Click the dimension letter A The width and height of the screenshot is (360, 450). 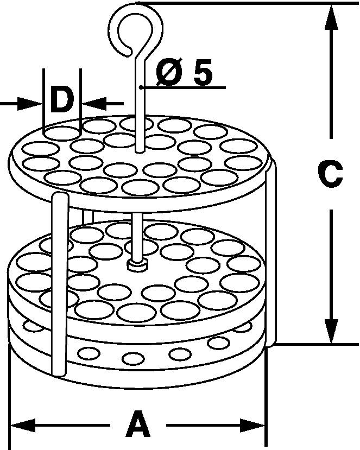click(138, 423)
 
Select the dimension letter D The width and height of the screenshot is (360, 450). click(62, 100)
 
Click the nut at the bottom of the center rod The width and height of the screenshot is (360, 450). click(138, 265)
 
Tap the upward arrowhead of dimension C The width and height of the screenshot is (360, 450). click(332, 17)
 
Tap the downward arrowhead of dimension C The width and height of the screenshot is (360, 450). click(332, 331)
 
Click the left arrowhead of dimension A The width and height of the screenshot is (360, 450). click(23, 426)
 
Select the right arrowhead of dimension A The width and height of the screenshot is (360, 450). click(252, 426)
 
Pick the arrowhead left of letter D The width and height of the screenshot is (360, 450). click(30, 104)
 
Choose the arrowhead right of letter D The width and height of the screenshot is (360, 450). click(94, 104)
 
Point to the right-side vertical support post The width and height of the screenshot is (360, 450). click(271, 252)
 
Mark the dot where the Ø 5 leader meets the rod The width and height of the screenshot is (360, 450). click(141, 87)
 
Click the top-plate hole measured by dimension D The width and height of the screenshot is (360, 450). click(62, 134)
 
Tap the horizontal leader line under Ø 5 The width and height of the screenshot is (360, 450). click(183, 87)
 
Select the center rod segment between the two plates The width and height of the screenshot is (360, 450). click(138, 236)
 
